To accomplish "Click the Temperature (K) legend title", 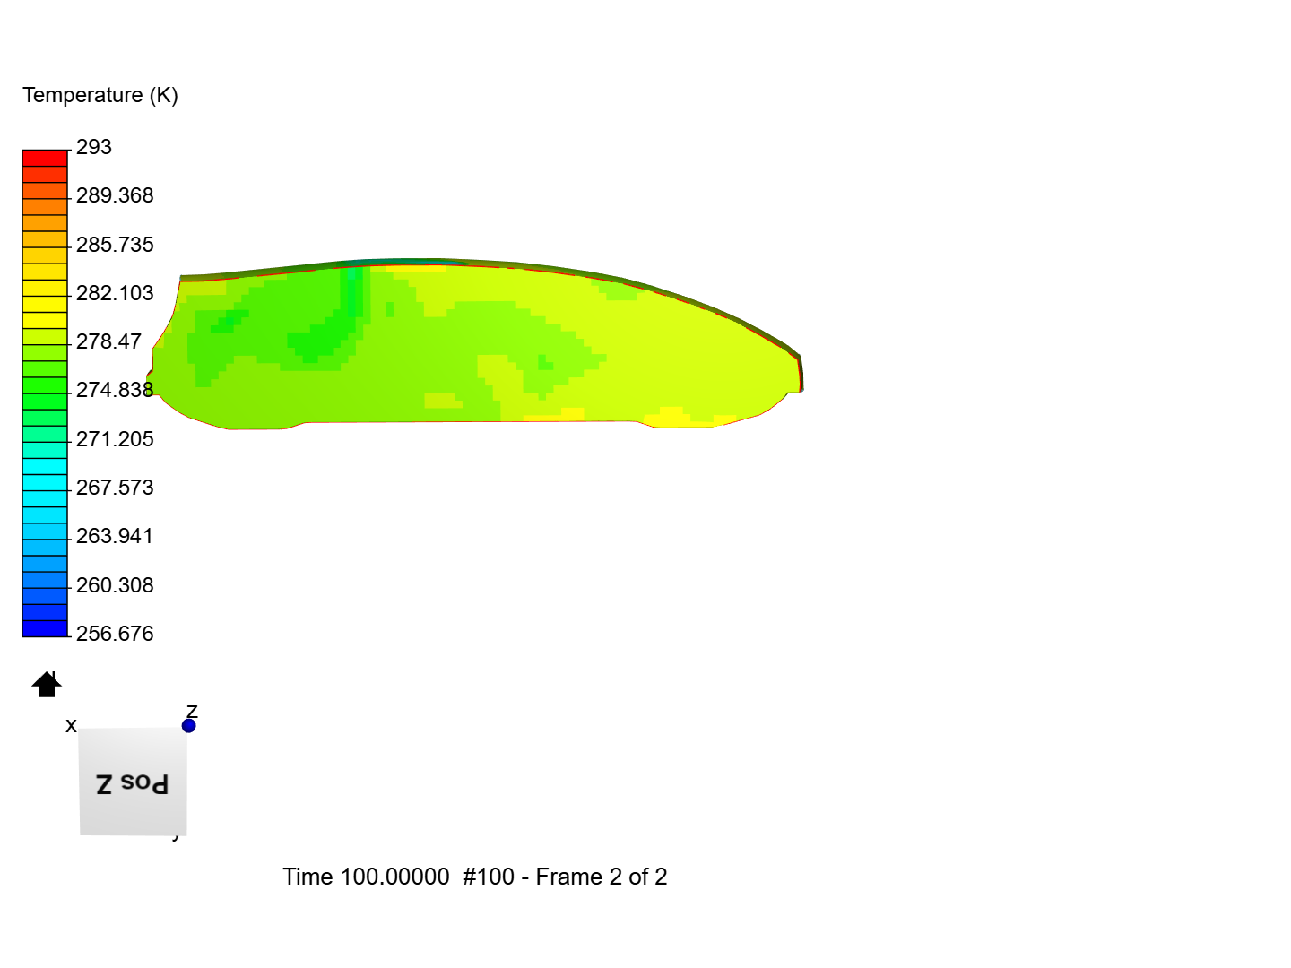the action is pyautogui.click(x=100, y=95).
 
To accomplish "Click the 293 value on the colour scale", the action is pyautogui.click(x=93, y=147).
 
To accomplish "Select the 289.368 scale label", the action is pyautogui.click(x=115, y=195).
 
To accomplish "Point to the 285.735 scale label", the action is pyautogui.click(x=115, y=245).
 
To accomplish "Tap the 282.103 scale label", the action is pyautogui.click(x=115, y=293).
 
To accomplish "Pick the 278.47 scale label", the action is pyautogui.click(x=108, y=341).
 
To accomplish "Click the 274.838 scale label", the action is pyautogui.click(x=115, y=390).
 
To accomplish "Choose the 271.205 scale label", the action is pyautogui.click(x=115, y=439).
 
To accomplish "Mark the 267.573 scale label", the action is pyautogui.click(x=115, y=488).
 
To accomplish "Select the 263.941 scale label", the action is pyautogui.click(x=115, y=536).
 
